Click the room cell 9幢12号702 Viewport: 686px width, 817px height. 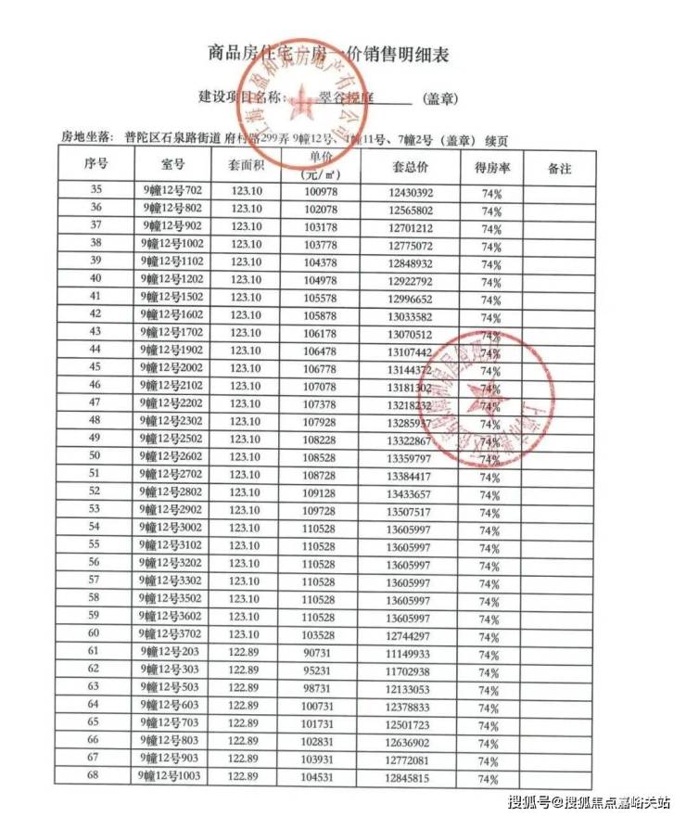172,191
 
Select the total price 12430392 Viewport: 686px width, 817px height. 409,192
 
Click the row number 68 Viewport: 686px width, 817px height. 94,775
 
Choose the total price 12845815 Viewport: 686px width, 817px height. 409,776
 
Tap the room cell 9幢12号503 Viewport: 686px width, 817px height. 172,686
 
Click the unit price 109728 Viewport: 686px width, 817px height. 322,509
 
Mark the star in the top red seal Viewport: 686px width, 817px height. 299,103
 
